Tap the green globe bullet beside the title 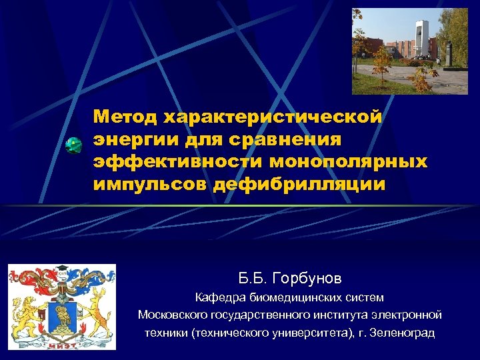(x=74, y=146)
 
